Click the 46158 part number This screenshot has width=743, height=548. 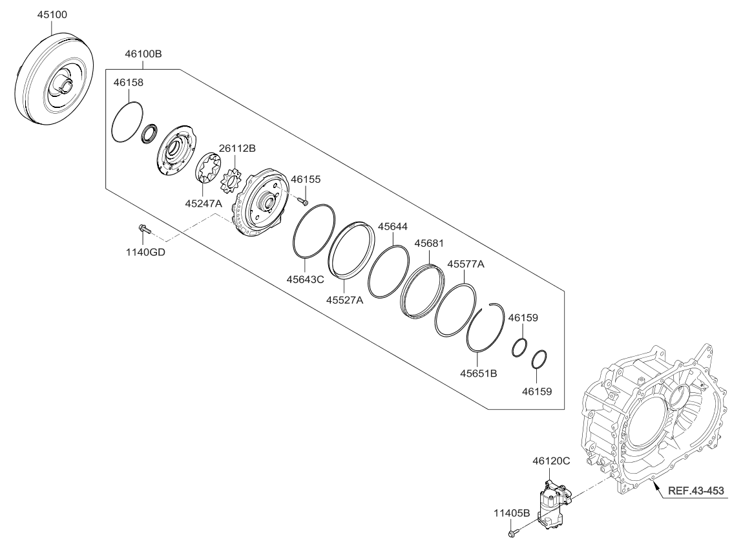pyautogui.click(x=129, y=83)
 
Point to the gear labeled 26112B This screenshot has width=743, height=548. pyautogui.click(x=230, y=178)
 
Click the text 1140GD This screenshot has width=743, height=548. pyautogui.click(x=145, y=252)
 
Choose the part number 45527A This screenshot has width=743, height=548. pyautogui.click(x=344, y=300)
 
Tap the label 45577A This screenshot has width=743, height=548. pyautogui.click(x=466, y=264)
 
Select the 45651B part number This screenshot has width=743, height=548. pyautogui.click(x=478, y=373)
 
